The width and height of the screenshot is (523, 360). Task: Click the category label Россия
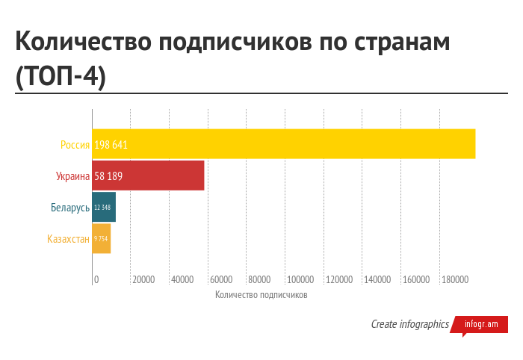75,145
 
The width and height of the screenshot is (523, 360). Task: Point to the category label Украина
72,176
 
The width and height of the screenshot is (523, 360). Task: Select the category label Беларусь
70,208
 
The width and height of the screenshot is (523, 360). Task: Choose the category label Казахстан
68,239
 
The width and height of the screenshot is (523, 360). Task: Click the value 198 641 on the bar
111,145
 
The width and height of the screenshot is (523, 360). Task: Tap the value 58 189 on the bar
108,176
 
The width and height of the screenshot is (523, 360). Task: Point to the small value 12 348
102,208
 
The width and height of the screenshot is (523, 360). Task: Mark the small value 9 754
101,239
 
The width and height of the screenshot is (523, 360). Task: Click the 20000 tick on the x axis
143,279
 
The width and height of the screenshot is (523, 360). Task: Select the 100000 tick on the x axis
300,279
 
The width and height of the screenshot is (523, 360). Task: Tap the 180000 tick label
454,279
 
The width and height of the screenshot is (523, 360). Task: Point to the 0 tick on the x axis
96,279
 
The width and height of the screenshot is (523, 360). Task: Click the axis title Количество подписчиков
261,295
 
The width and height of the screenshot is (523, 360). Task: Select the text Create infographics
409,324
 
